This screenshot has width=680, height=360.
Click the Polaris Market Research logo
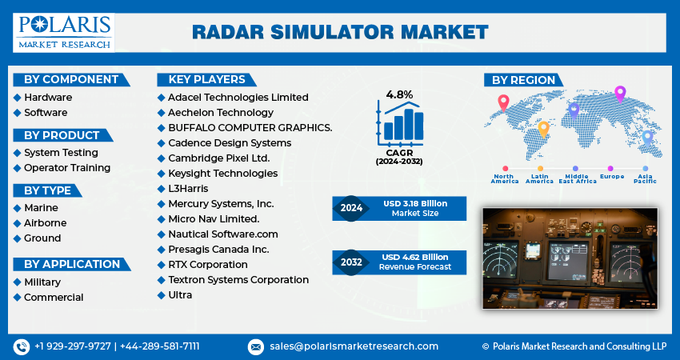pos(63,32)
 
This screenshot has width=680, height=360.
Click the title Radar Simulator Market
pos(340,32)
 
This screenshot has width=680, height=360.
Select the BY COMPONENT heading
pos(71,79)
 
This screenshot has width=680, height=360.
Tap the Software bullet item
pos(46,113)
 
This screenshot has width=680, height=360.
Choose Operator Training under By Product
pos(67,168)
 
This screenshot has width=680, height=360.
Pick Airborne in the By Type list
pos(45,223)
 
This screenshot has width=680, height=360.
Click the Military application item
pos(42,282)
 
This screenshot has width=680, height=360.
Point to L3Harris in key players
pos(188,188)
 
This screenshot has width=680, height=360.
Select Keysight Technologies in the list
pos(222,173)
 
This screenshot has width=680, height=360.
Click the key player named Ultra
pos(180,294)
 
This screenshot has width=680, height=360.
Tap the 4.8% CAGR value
pos(399,95)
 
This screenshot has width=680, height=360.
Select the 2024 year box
pos(351,208)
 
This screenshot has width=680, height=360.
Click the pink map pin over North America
pos(503,102)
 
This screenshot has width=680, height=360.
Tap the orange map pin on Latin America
pos(543,128)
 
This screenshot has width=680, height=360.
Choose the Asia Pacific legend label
pos(646,179)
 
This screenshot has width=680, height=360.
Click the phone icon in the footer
pos(21,346)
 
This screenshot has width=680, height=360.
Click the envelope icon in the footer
pos(255,346)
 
